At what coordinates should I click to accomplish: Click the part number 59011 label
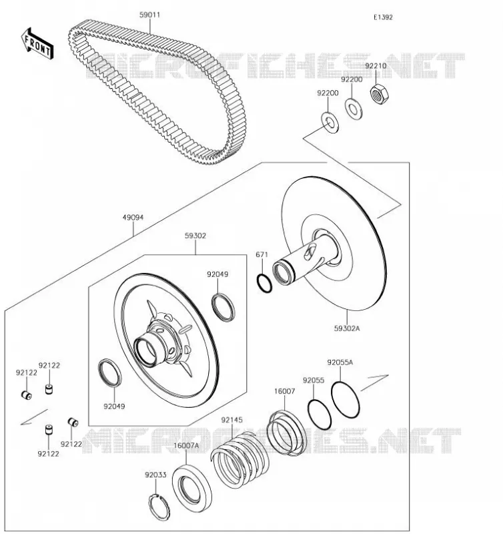point(149,15)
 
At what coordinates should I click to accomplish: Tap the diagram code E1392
point(383,17)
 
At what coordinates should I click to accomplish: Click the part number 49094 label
point(133,218)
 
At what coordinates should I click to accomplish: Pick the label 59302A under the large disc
point(347,328)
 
